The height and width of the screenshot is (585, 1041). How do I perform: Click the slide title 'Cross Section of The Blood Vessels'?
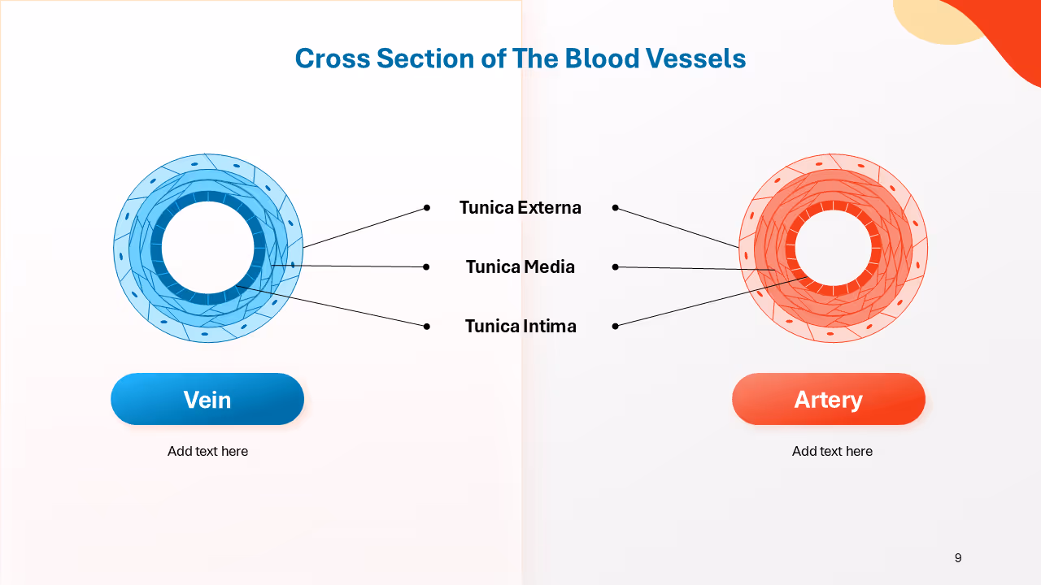pos(520,58)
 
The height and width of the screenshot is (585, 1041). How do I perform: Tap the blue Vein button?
pos(207,399)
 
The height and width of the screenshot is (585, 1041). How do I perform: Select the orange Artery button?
pos(829,399)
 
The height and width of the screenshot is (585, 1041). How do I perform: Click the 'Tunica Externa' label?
pos(520,207)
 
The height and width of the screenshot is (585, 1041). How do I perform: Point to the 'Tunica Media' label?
pos(520,266)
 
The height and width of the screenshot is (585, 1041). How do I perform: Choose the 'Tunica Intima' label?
pos(520,326)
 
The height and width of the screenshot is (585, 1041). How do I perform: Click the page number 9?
pos(958,557)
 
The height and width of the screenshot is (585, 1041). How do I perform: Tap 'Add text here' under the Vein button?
pos(207,451)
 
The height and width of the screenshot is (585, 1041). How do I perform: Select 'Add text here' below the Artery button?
pos(832,451)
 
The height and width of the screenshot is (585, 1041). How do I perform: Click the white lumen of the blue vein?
pos(207,247)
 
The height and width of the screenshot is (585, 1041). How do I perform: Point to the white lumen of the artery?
pos(833,247)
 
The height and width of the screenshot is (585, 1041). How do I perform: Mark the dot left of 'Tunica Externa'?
pos(426,208)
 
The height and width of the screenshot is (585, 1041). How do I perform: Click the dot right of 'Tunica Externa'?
pos(615,208)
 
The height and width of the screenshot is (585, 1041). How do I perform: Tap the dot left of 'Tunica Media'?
pos(426,266)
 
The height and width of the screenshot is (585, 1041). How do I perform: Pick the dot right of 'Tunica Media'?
pos(615,266)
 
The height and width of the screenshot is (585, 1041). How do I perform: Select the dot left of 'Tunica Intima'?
pos(426,326)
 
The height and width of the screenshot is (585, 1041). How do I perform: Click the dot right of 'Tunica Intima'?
pos(615,326)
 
